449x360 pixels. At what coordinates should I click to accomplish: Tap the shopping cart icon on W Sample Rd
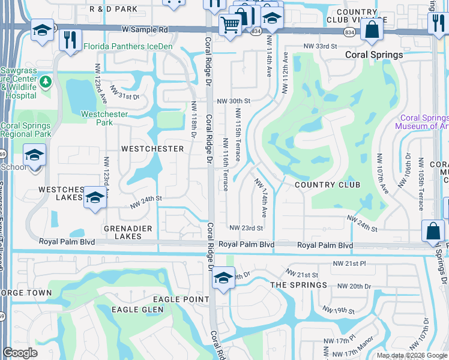[230, 25]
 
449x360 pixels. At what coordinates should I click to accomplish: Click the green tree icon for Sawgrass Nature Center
[45, 81]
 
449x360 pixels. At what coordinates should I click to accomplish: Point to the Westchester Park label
[97, 118]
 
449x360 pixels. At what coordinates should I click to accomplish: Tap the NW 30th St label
[233, 101]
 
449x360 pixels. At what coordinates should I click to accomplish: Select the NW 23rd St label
[247, 228]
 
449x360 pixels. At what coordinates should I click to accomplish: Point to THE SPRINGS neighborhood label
[299, 285]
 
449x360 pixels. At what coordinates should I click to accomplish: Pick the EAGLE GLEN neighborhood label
[134, 309]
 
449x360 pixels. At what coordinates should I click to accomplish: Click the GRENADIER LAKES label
[122, 232]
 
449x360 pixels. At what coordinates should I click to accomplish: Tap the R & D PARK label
[113, 9]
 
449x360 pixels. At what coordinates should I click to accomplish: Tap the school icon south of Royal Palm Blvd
[223, 277]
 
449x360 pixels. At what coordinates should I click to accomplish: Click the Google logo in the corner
[20, 353]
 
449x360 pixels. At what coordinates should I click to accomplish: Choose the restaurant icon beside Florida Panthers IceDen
[71, 40]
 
